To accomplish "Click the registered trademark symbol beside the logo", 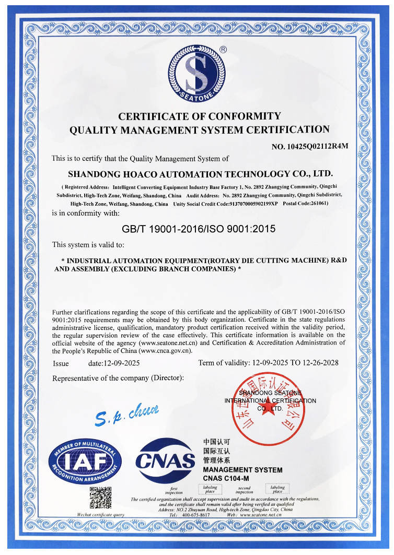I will (223, 49).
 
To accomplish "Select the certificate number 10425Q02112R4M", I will (310, 147).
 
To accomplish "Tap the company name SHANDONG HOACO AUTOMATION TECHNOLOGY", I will (200, 173).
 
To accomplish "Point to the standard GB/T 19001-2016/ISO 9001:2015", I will (198, 229).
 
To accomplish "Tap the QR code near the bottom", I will (100, 497).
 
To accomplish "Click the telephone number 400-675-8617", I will (196, 514).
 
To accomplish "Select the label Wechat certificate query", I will (100, 514).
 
